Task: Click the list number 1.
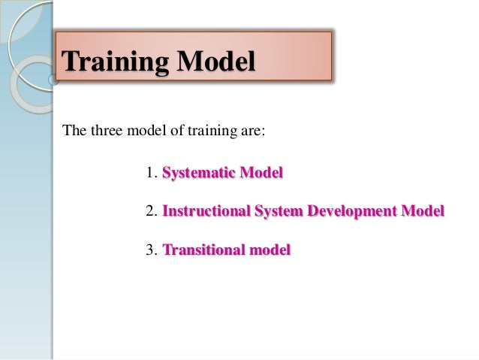pyautogui.click(x=149, y=174)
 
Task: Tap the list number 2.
pyautogui.click(x=149, y=211)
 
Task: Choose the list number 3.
pyautogui.click(x=149, y=250)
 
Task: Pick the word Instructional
pyautogui.click(x=206, y=211)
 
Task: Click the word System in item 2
pyautogui.click(x=278, y=212)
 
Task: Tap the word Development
pyautogui.click(x=353, y=212)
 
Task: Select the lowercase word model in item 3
pyautogui.click(x=270, y=250)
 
